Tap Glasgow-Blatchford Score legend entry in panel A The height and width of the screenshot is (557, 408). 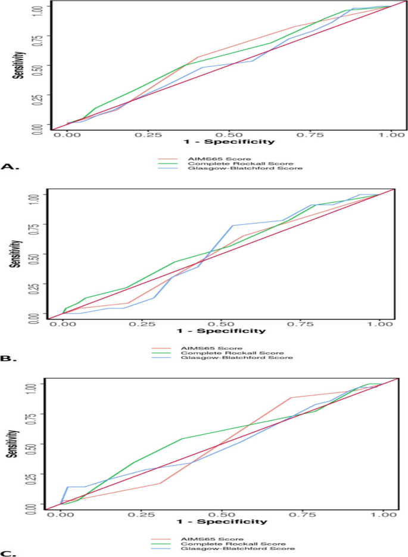click(x=227, y=169)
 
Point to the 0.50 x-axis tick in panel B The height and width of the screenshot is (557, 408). click(x=221, y=324)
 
